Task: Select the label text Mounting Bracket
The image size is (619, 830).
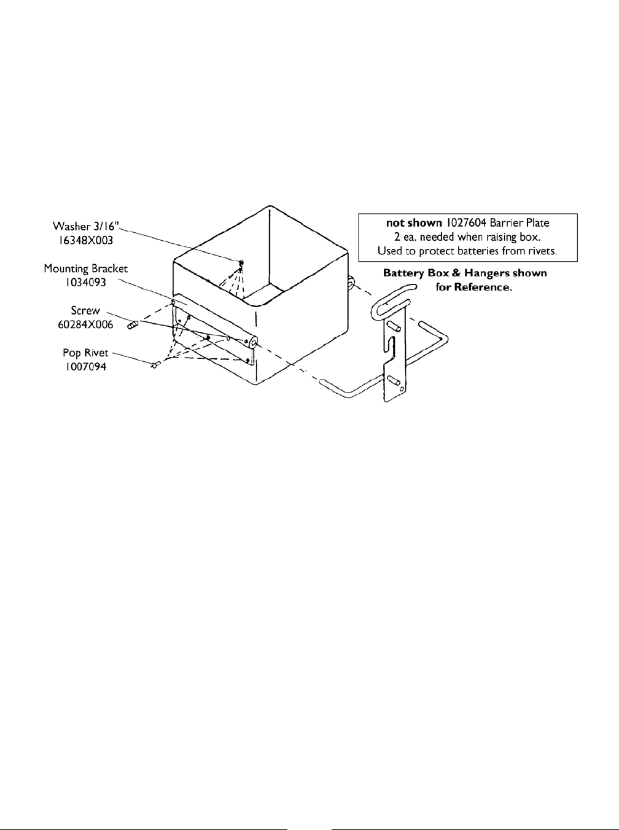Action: (86, 269)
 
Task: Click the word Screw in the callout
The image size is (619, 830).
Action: (85, 311)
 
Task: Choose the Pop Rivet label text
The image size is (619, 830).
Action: (85, 353)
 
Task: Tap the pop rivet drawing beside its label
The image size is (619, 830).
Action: (154, 365)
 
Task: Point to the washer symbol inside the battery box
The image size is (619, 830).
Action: (241, 264)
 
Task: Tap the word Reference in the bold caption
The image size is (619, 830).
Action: (481, 287)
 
